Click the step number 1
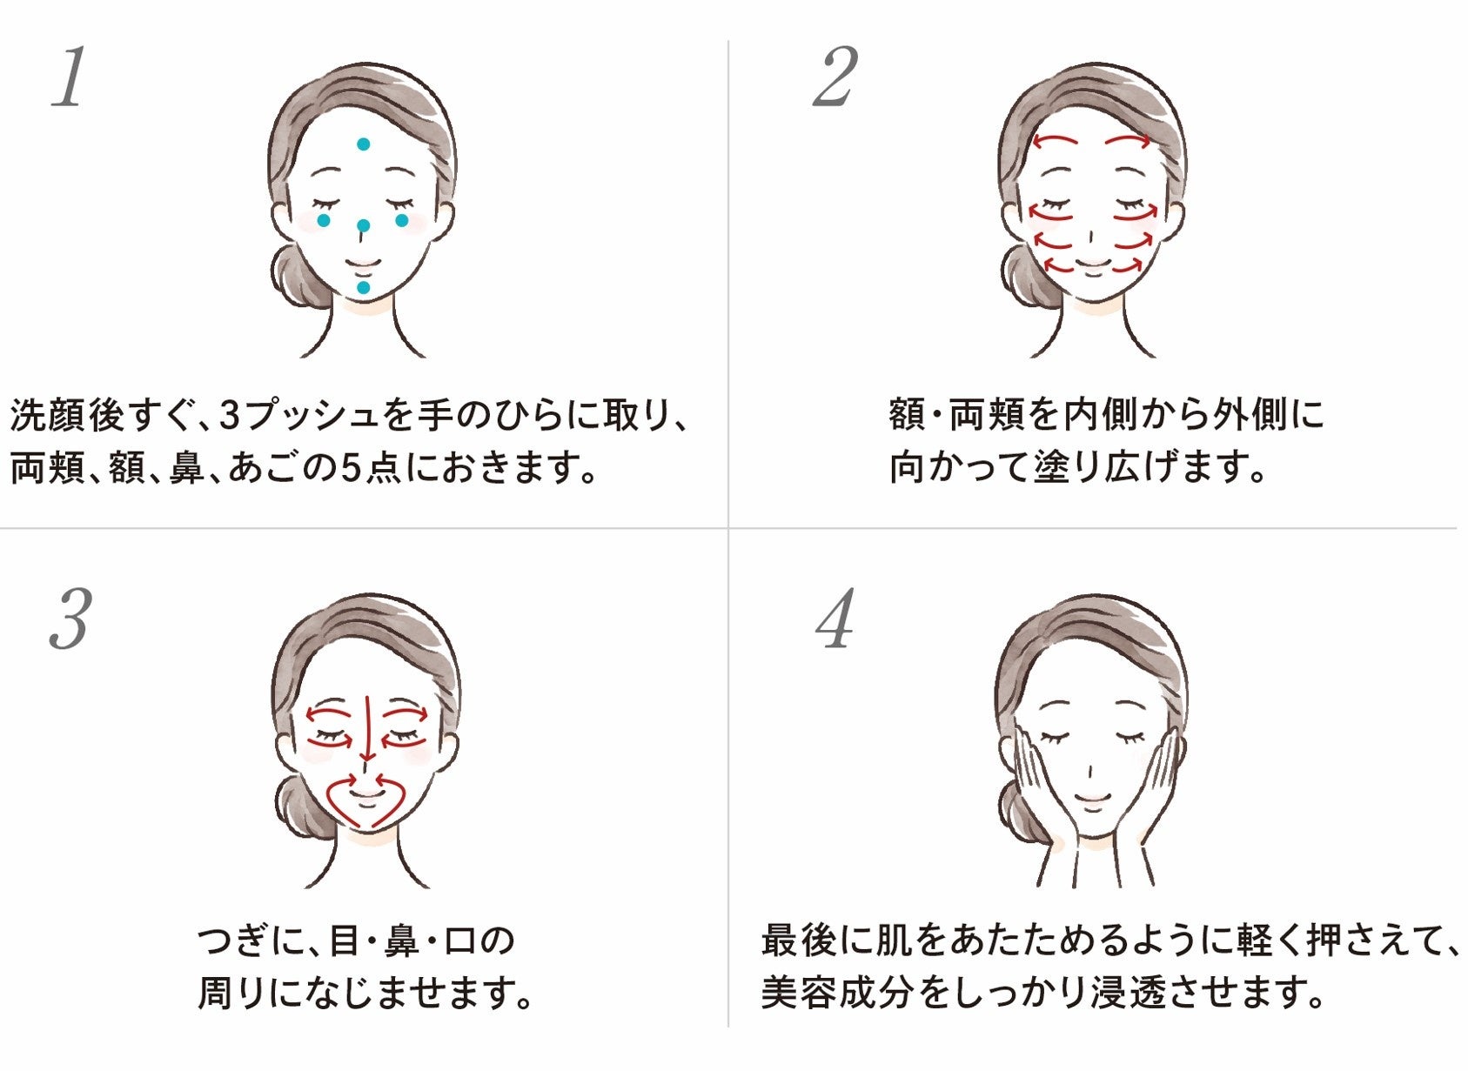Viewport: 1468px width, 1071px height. [x=70, y=78]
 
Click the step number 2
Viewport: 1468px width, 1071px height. [x=835, y=78]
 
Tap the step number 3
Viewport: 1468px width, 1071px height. [x=70, y=619]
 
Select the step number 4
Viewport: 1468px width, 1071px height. [x=835, y=619]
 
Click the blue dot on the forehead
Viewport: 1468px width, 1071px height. [x=364, y=144]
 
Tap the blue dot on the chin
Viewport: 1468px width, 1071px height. [x=364, y=287]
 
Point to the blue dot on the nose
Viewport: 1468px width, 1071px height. [x=364, y=226]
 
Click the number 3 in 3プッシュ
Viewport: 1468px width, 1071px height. [x=230, y=417]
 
